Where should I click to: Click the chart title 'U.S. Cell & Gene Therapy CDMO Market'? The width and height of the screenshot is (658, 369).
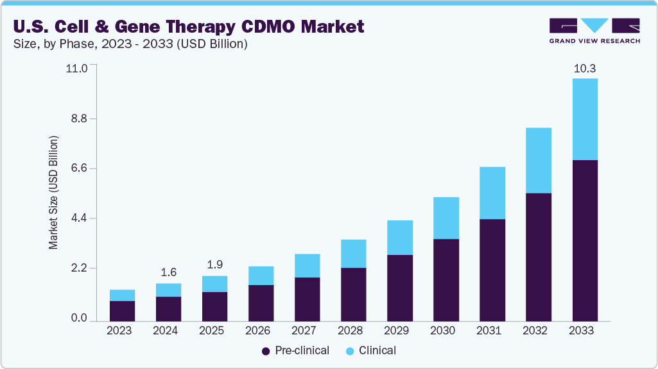(188, 26)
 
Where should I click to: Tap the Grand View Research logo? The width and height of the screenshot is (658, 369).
(594, 30)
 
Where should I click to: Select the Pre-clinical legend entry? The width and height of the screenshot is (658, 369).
(295, 350)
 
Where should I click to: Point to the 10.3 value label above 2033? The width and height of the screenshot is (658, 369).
(584, 69)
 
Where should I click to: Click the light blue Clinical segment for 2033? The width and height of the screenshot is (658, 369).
(584, 119)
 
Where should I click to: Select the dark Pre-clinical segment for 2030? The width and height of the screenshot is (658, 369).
(446, 279)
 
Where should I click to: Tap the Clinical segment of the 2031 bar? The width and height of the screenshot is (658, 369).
(492, 193)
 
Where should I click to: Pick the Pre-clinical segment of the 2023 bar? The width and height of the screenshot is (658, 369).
(122, 311)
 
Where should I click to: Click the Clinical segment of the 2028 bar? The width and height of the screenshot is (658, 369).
(353, 254)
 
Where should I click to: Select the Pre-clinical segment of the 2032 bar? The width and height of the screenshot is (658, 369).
(538, 256)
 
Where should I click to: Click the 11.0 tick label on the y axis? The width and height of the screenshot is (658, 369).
(76, 68)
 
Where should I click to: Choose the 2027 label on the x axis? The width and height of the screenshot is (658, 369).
(307, 331)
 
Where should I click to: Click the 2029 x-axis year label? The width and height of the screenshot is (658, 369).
(399, 331)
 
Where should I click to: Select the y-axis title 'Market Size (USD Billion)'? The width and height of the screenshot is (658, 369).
(54, 192)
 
